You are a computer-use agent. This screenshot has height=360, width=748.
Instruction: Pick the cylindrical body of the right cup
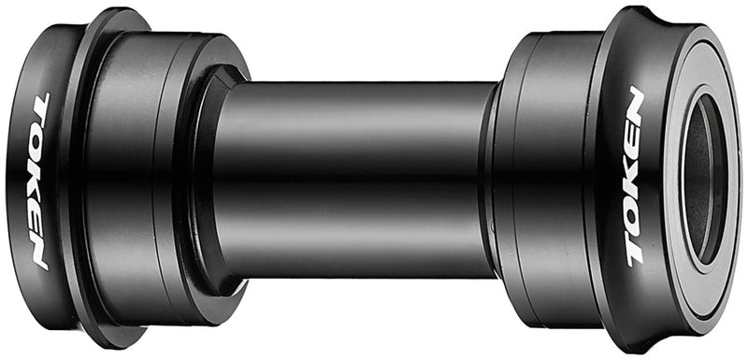(547, 178)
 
